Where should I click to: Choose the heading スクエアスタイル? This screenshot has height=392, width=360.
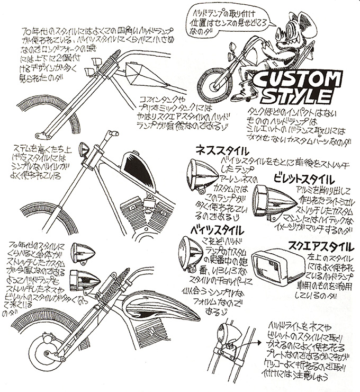pos(317,245)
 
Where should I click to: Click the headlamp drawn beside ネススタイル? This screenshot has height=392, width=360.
pos(201,174)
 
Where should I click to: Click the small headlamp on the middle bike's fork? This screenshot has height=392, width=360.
pos(84,152)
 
